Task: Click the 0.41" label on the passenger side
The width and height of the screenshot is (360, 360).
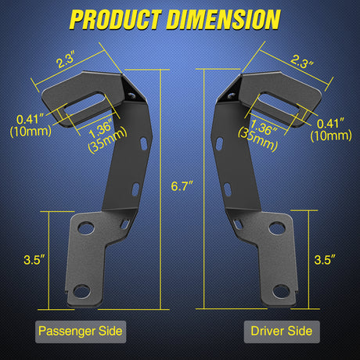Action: [30, 119]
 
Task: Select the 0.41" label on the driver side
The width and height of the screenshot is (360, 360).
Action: [333, 122]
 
